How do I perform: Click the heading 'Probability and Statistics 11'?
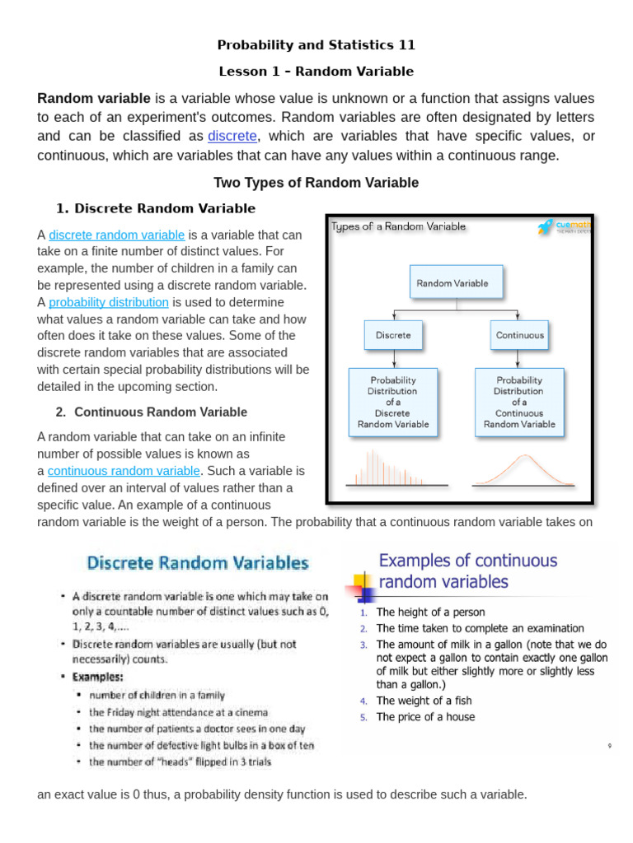coord(316,44)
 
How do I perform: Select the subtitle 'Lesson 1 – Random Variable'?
coord(316,72)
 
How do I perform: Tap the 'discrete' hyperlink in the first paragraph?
coord(232,136)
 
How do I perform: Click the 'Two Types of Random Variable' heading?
coord(316,183)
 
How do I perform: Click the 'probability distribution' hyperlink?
coord(109,302)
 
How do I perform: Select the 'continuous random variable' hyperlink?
coord(124,471)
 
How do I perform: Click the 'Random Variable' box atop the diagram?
coord(456,282)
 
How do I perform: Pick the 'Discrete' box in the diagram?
coord(393,335)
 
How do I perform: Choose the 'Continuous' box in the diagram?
coord(519,335)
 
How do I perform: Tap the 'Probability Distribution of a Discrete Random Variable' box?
coord(393,403)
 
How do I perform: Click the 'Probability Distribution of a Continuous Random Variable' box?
coord(519,403)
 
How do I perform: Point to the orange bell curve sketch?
coord(519,471)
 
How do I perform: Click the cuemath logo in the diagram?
coord(564,227)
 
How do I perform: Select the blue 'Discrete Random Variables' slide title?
coord(198,564)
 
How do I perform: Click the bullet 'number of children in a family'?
coord(157,696)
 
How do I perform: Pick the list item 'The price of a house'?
coord(425,717)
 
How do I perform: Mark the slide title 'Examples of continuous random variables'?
coord(467,571)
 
